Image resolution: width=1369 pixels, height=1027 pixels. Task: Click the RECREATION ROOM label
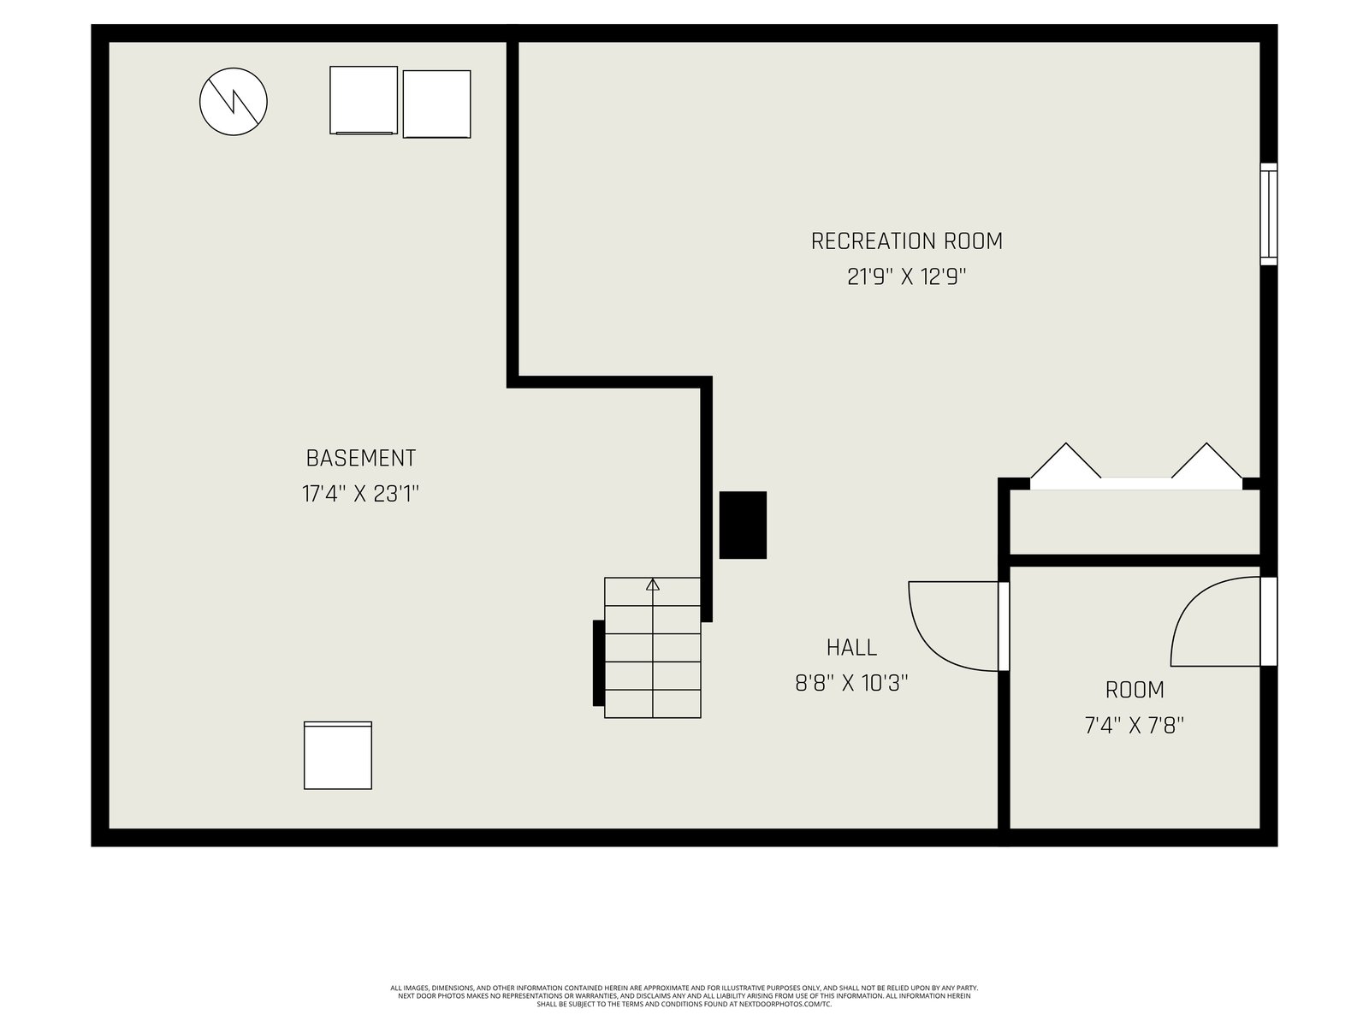point(906,241)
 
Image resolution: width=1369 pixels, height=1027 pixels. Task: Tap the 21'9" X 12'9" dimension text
point(906,276)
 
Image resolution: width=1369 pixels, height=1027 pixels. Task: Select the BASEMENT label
point(360,459)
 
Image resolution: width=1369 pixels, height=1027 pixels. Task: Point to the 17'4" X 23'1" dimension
point(360,494)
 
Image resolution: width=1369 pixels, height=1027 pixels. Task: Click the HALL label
point(851,648)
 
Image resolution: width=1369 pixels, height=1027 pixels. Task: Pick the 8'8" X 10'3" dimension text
point(851,684)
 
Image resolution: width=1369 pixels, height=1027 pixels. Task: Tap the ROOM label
point(1135,691)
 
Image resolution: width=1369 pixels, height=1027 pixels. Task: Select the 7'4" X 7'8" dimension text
point(1135,726)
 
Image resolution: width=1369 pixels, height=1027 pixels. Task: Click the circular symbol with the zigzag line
point(234,102)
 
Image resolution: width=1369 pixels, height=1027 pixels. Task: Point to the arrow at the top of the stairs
point(652,585)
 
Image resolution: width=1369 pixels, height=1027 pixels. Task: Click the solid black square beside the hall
point(743,525)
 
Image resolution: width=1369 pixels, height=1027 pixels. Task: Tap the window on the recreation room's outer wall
point(1269,214)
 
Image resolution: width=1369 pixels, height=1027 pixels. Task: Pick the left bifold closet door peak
point(1066,444)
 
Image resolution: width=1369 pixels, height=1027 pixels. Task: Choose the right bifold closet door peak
point(1206,444)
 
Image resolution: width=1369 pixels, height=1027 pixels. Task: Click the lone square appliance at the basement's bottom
point(338,755)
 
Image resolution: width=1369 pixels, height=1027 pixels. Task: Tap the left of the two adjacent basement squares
point(364,100)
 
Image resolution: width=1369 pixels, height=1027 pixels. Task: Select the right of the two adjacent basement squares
point(436,104)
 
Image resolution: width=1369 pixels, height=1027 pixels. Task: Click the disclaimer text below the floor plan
point(684,996)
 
